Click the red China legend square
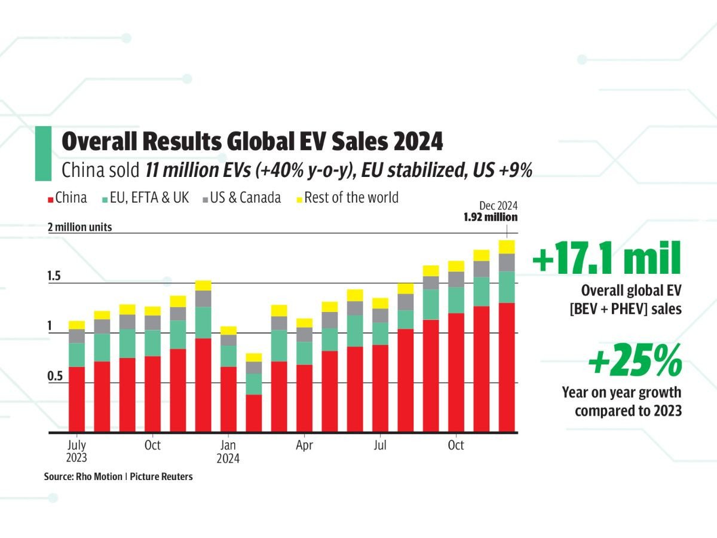pos(51,198)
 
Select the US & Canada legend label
pos(245,198)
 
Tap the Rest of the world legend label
pos(351,198)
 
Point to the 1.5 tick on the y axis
pos(53,277)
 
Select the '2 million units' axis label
pos(79,227)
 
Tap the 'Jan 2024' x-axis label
pos(228,452)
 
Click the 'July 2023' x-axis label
pos(76,452)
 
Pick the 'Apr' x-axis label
pos(304,446)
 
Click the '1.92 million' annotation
pos(491,218)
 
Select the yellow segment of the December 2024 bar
pos(507,247)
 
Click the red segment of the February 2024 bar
pos(254,413)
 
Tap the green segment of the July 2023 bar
pos(76,355)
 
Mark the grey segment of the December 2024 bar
pos(507,262)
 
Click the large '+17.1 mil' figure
pos(606,261)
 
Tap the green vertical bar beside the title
pos(43,153)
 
